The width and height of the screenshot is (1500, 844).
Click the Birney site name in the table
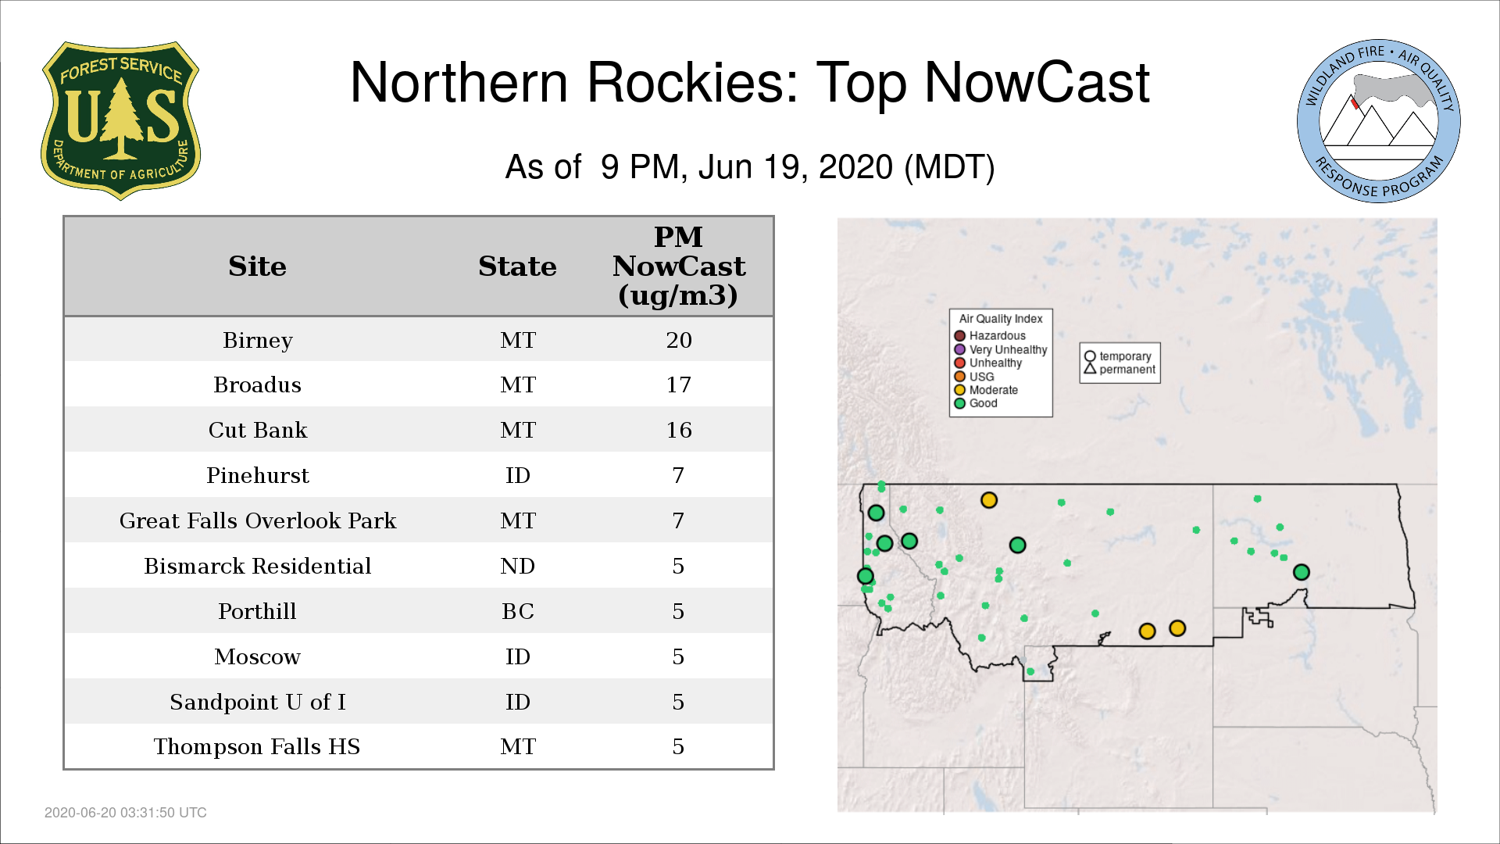click(258, 340)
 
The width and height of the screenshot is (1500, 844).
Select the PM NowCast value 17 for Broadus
click(678, 384)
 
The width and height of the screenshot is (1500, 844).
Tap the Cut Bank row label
click(258, 430)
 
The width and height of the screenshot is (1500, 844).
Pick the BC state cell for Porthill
click(518, 611)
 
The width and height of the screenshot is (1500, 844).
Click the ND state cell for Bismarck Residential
click(518, 566)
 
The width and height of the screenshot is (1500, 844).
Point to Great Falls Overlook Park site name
click(258, 520)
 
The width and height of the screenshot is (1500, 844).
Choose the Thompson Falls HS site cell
click(257, 746)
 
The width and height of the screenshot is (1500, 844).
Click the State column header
click(517, 266)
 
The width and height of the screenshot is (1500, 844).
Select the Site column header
click(257, 266)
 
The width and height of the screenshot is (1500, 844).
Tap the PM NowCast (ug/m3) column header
click(678, 266)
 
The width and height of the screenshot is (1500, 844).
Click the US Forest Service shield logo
click(120, 121)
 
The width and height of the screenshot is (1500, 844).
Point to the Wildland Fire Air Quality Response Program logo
click(1379, 121)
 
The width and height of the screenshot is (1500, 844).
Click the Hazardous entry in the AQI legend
click(990, 336)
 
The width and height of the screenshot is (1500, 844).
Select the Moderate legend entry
click(986, 390)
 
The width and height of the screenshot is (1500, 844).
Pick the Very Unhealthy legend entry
click(1001, 349)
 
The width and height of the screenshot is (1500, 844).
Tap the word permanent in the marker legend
click(1127, 370)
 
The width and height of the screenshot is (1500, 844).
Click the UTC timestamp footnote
click(126, 813)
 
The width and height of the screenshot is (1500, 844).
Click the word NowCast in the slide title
click(1037, 82)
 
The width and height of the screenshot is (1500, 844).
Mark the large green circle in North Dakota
click(1302, 572)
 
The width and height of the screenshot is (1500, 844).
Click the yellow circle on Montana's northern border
click(989, 500)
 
